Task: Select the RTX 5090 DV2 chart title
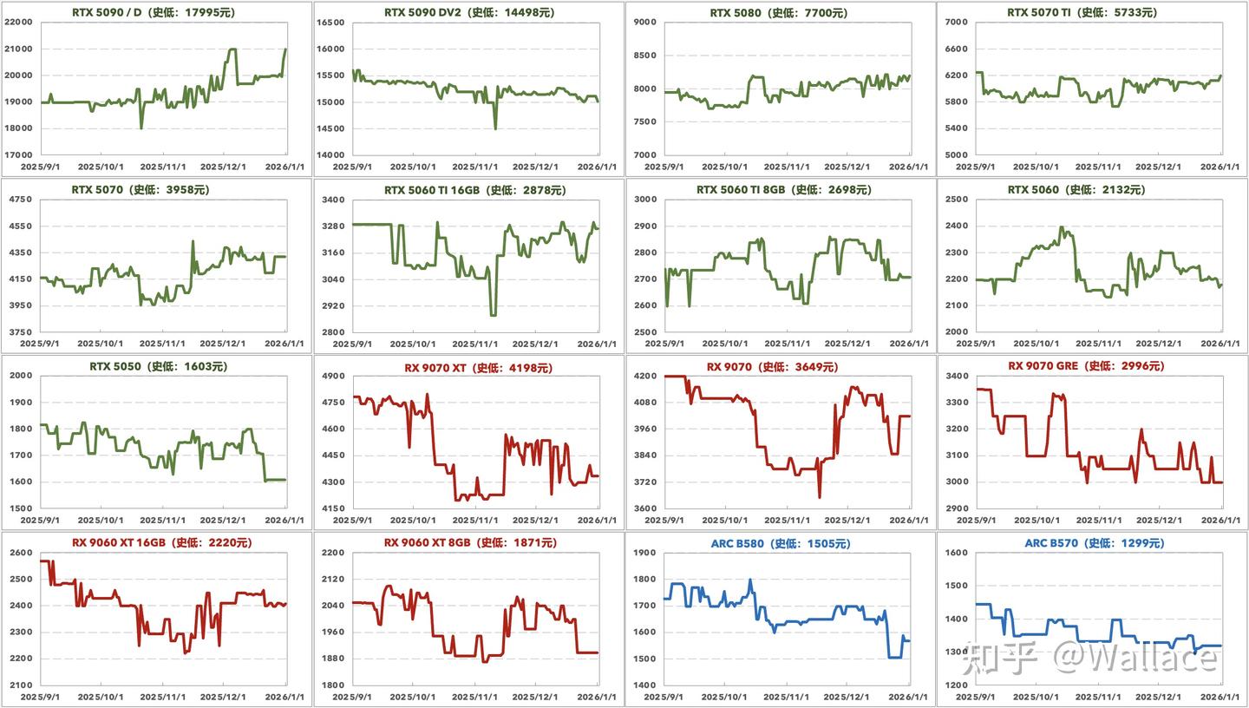tap(468, 13)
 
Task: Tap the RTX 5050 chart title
tap(158, 366)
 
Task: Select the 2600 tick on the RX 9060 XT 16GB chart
tap(21, 553)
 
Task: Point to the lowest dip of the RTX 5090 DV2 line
tap(495, 128)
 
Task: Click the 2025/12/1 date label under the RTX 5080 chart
tap(848, 167)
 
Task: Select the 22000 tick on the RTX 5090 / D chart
tap(18, 23)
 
